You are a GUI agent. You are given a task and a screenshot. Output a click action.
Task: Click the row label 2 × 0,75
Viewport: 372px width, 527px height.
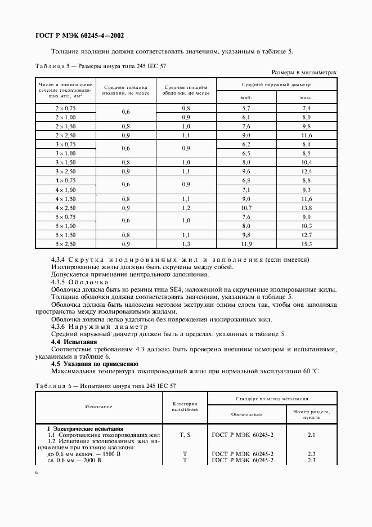point(65,107)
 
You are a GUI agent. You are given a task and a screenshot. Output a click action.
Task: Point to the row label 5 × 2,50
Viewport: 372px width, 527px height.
point(65,244)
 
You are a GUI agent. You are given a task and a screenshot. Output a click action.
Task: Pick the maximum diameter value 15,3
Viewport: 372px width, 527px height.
point(306,244)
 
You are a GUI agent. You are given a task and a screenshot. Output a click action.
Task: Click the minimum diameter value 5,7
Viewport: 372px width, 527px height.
point(246,107)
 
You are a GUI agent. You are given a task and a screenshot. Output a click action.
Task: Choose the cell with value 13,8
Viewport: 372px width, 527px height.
point(306,208)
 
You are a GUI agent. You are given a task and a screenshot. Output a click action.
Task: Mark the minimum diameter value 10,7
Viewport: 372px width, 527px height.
point(246,208)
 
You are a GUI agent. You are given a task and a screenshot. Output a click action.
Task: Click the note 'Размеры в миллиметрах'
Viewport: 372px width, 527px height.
point(304,73)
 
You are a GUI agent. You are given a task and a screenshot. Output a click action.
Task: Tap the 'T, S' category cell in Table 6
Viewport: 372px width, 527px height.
point(185,435)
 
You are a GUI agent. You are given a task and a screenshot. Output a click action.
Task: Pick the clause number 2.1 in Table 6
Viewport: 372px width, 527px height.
point(311,435)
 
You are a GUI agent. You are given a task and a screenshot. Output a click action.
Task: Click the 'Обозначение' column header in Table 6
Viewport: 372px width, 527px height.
point(246,414)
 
